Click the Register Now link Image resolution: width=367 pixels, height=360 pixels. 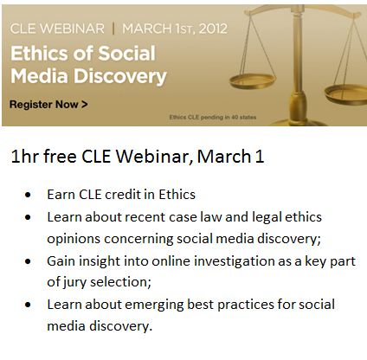click(48, 105)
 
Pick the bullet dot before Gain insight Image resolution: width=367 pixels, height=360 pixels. click(32, 260)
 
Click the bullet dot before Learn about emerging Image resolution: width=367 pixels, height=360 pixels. click(32, 305)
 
